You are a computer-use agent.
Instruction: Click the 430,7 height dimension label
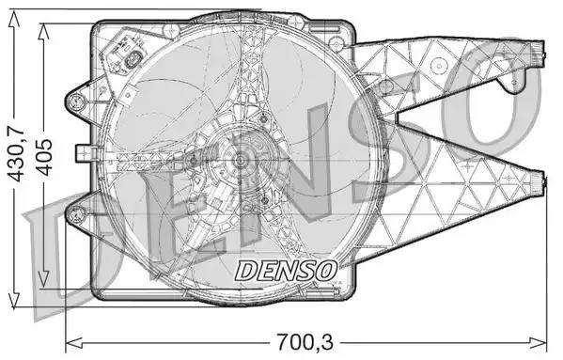(x=16, y=154)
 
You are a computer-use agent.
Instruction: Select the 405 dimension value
(x=45, y=157)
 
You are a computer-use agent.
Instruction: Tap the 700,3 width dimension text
(x=305, y=342)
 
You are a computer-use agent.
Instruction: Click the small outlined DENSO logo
(x=286, y=271)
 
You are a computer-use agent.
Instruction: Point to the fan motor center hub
(x=240, y=162)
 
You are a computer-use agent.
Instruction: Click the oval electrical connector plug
(x=133, y=60)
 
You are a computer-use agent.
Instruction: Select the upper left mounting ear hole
(x=77, y=101)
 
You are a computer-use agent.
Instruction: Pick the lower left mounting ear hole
(x=76, y=214)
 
